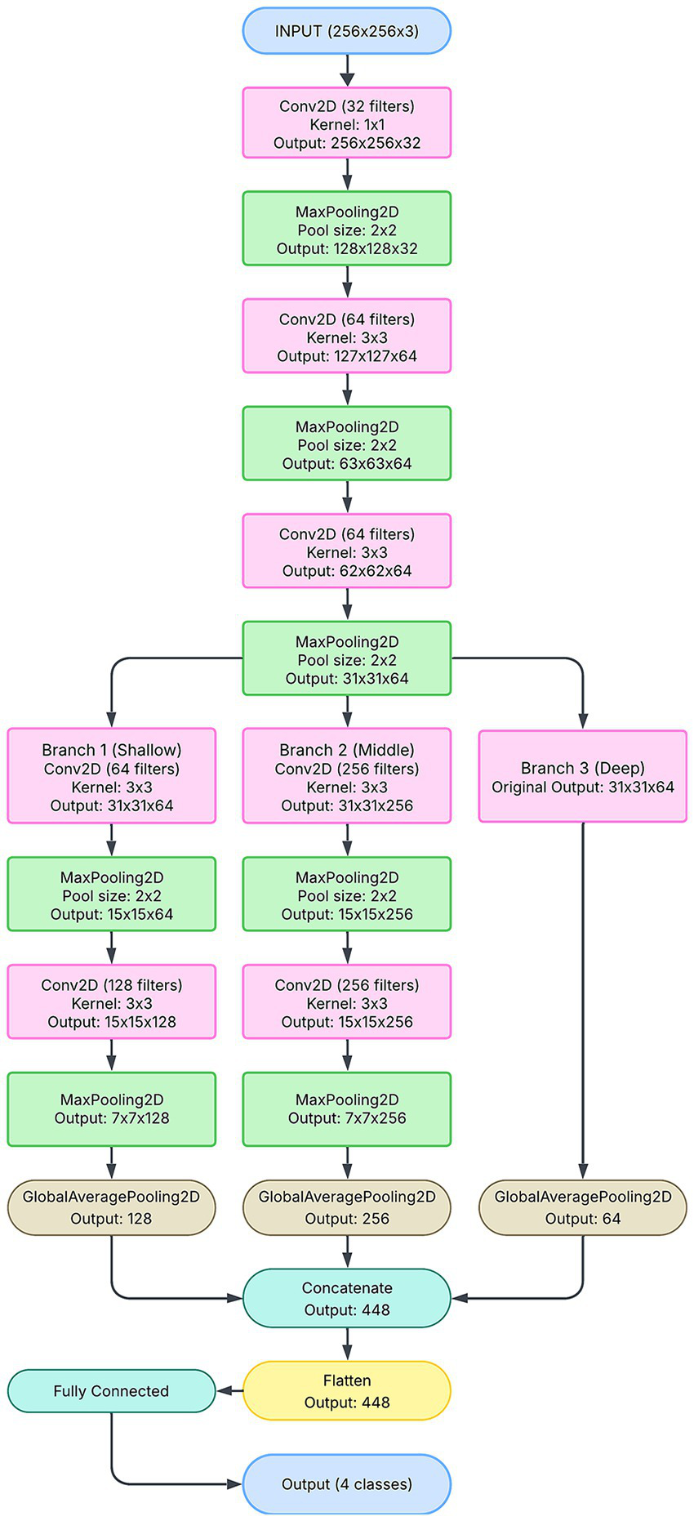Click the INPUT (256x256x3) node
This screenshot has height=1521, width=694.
(347, 31)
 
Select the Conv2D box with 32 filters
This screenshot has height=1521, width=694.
(347, 123)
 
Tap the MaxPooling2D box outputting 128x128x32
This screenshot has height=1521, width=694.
(347, 229)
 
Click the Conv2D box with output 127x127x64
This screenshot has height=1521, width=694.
(347, 337)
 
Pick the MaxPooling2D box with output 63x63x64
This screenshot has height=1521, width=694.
(347, 444)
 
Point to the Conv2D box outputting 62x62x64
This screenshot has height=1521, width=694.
(347, 551)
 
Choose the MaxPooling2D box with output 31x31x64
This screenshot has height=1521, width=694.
(347, 658)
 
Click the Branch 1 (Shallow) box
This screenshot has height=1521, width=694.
(112, 776)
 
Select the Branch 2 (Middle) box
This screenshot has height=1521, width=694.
(347, 776)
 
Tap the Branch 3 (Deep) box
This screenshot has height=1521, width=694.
(582, 776)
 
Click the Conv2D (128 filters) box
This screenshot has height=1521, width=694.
(112, 1002)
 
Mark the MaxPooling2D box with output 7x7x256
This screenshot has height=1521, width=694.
(347, 1109)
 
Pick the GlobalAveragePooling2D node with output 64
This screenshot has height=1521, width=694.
(582, 1207)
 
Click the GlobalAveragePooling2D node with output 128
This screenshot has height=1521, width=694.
(112, 1207)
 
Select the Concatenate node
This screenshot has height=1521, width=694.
(347, 1298)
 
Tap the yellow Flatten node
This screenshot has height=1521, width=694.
(347, 1390)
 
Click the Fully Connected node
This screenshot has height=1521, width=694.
(112, 1390)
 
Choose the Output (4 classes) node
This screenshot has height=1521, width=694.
(347, 1483)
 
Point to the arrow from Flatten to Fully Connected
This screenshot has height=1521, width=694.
(229, 1390)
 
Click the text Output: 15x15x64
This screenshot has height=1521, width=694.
(112, 914)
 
